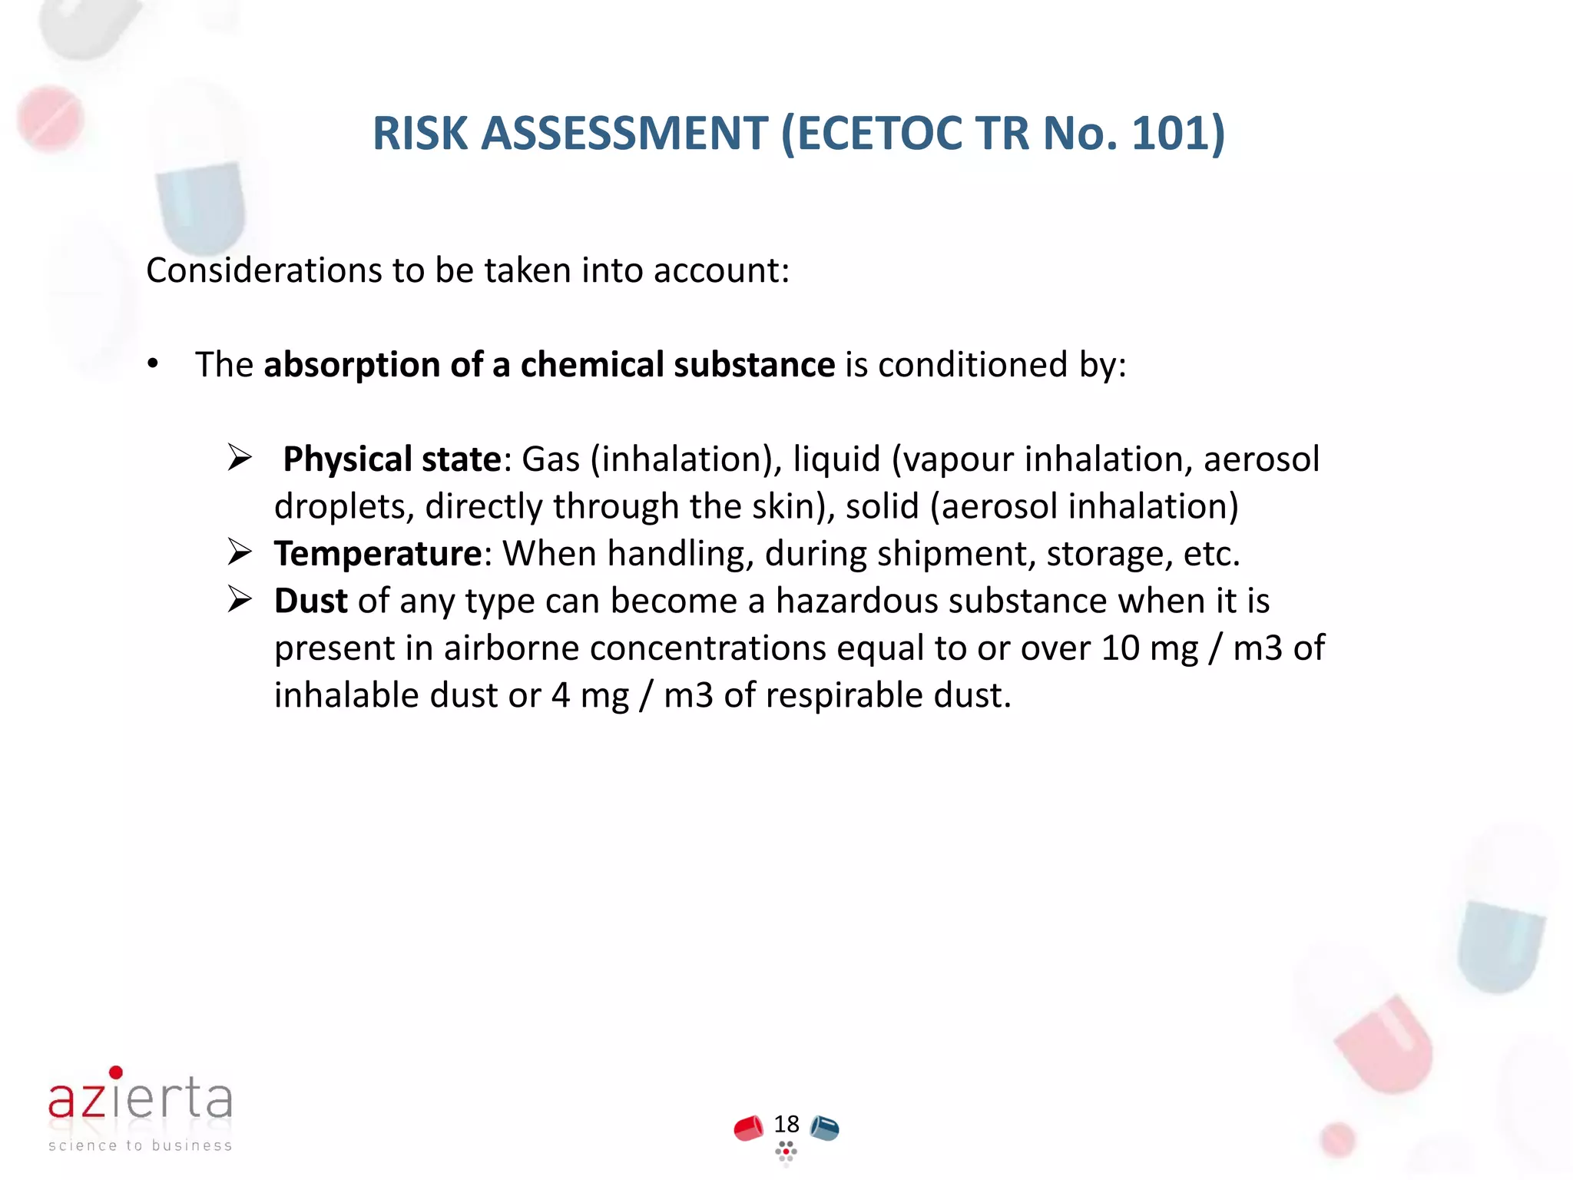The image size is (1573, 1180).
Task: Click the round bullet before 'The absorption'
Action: click(154, 364)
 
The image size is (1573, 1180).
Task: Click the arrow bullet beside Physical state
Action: click(240, 459)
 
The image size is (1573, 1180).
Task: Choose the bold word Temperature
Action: click(378, 553)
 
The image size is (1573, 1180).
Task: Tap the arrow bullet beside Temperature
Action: click(240, 553)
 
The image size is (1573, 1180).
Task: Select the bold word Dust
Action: click(310, 601)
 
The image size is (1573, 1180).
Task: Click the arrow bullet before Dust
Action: click(240, 601)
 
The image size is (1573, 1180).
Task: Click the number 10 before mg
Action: click(1120, 648)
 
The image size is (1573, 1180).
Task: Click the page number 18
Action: click(786, 1125)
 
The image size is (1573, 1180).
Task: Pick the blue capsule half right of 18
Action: click(825, 1129)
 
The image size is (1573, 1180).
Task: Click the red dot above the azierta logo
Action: click(116, 1072)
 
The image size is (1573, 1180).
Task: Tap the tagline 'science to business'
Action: click(140, 1145)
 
